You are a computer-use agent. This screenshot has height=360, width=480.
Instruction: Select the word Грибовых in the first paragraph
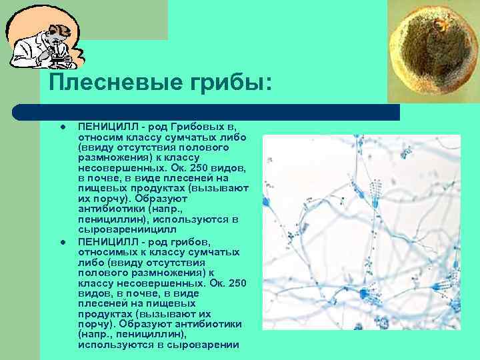tap(193, 127)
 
